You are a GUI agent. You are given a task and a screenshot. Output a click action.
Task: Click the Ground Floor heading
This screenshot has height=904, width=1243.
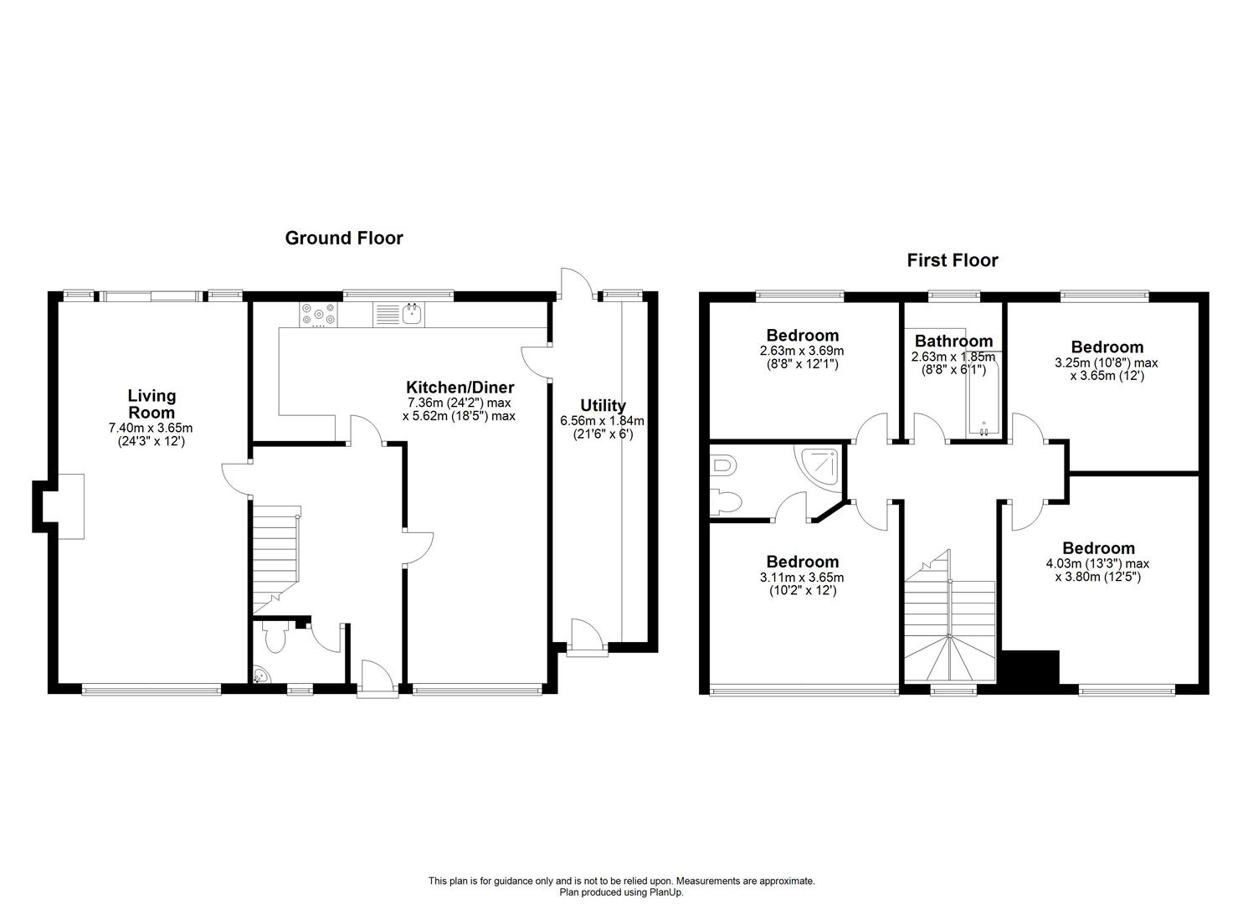click(x=344, y=239)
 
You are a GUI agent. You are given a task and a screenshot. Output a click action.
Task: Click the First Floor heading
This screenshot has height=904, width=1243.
click(x=953, y=260)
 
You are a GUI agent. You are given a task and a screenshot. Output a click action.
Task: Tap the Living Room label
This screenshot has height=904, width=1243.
click(x=152, y=403)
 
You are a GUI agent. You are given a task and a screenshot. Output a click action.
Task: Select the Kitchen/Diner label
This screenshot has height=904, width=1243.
click(x=460, y=388)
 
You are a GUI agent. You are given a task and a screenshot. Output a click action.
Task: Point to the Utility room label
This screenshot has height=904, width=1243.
click(x=603, y=406)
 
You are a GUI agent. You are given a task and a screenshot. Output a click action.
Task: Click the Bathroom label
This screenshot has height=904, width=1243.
click(x=953, y=342)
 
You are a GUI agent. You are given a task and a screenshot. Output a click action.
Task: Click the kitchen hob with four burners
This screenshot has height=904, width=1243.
click(x=318, y=313)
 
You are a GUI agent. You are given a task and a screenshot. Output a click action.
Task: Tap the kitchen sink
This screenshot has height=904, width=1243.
click(x=411, y=314)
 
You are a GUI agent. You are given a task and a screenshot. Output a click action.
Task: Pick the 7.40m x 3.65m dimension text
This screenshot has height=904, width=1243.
click(x=151, y=428)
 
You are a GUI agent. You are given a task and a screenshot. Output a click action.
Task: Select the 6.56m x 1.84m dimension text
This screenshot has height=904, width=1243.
click(x=603, y=421)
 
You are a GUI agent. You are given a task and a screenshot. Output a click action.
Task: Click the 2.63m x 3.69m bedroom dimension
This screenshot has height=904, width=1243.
click(x=801, y=352)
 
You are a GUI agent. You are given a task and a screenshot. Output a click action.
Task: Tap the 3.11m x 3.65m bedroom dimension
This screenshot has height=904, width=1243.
click(x=803, y=578)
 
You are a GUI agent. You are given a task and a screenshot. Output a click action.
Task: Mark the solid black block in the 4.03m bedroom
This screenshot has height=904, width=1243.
click(x=1031, y=667)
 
